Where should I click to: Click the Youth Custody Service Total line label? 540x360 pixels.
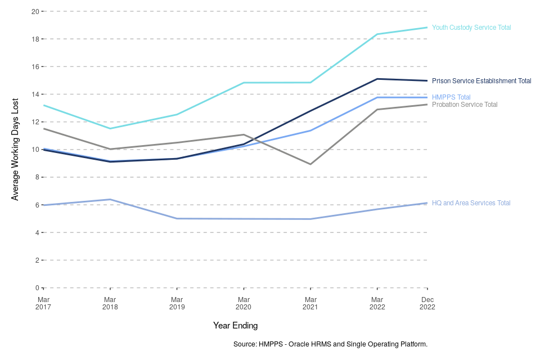[x=471, y=28]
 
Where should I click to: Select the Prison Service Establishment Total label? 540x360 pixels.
[x=481, y=81]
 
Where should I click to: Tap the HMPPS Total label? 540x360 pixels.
[x=451, y=97]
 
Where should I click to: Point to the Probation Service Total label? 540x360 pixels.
[x=465, y=105]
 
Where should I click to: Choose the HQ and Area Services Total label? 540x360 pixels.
[x=471, y=203]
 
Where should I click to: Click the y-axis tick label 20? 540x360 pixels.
[x=35, y=11]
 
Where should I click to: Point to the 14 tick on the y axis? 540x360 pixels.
[x=35, y=94]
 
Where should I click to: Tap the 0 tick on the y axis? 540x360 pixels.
[x=37, y=288]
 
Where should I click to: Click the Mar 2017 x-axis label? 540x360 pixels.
[x=43, y=303]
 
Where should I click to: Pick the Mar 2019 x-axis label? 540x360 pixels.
[x=177, y=303]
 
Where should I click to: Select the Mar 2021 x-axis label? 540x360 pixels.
[x=310, y=303]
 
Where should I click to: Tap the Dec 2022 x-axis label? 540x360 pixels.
[x=427, y=303]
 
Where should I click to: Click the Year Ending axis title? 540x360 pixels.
[x=235, y=326]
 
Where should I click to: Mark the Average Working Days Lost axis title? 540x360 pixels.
[x=15, y=150]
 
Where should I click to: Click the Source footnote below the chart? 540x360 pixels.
[x=330, y=344]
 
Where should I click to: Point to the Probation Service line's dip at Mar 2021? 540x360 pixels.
[x=310, y=164]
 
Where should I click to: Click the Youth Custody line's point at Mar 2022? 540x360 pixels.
[x=377, y=34]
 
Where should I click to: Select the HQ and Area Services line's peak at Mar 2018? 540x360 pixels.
[x=110, y=199]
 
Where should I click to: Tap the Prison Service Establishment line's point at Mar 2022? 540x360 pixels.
[x=377, y=79]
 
